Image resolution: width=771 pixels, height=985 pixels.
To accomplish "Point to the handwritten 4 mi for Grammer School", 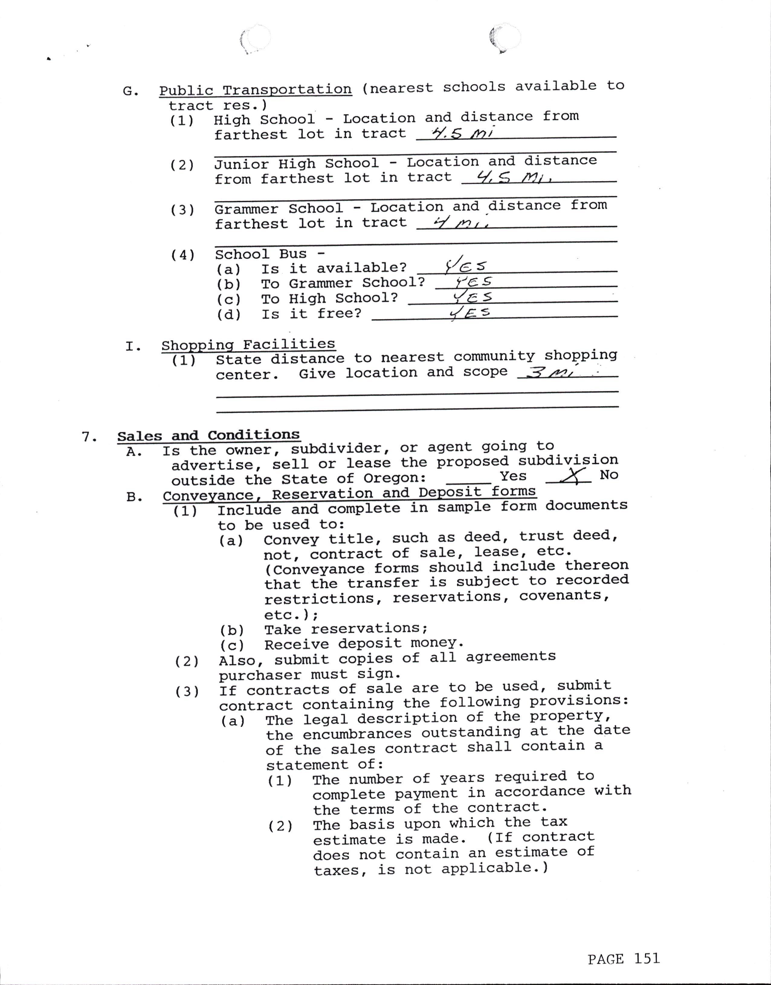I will pos(460,223).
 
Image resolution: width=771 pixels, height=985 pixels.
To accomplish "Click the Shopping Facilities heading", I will pos(248,345).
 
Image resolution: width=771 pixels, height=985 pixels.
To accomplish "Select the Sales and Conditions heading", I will pos(208,436).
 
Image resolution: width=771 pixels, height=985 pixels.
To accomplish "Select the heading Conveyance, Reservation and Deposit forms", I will pos(349,493).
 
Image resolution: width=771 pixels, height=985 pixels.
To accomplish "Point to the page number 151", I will pos(647,958).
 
